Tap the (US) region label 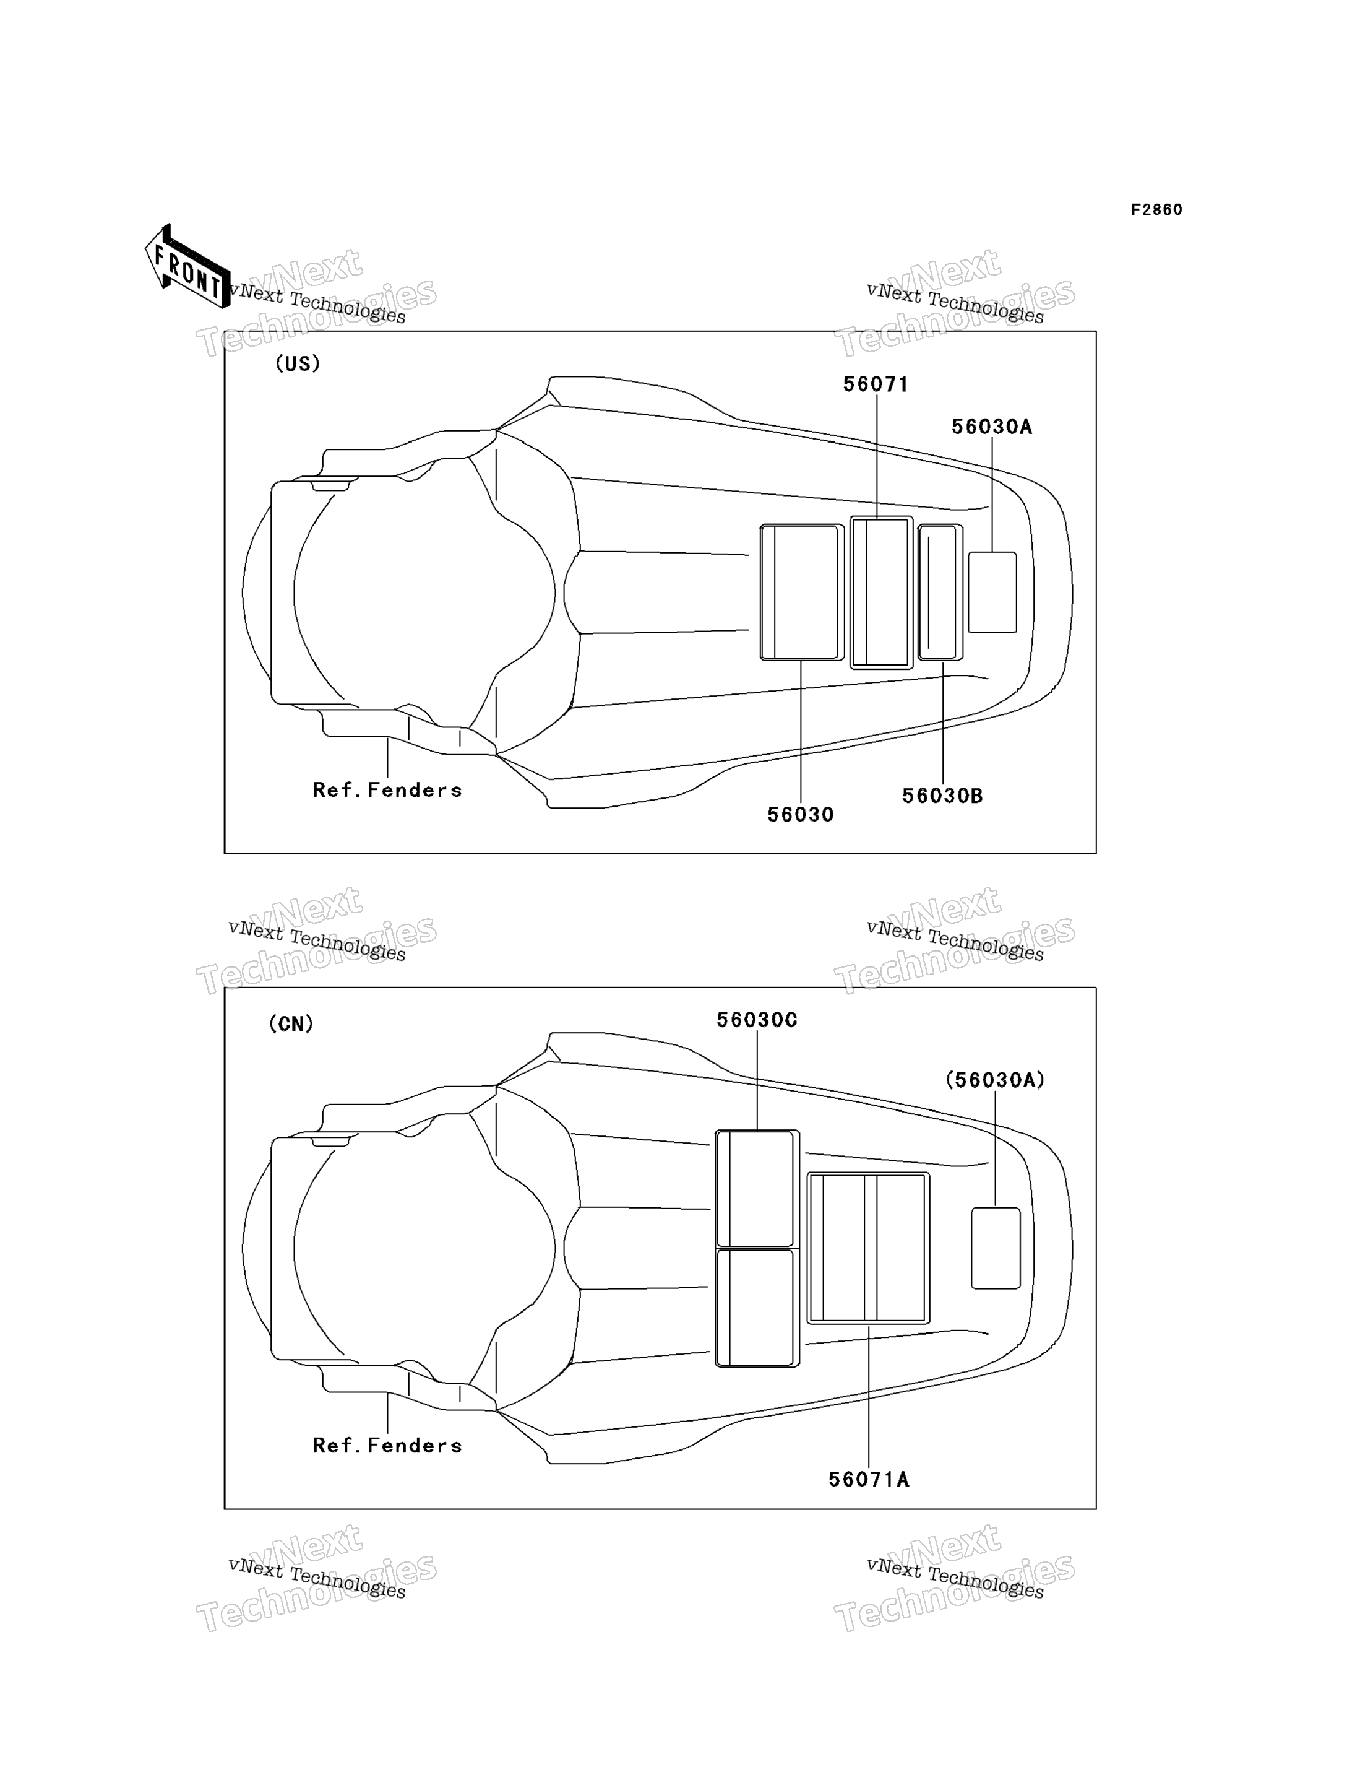pyautogui.click(x=298, y=363)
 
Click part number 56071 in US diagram pyautogui.click(x=876, y=384)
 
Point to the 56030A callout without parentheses pyautogui.click(x=992, y=427)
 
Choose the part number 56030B pyautogui.click(x=942, y=796)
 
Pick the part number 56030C pyautogui.click(x=757, y=1020)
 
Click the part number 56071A pyautogui.click(x=869, y=1480)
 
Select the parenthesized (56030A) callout pyautogui.click(x=995, y=1080)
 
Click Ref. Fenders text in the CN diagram pyautogui.click(x=387, y=1446)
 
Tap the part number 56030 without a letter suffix pyautogui.click(x=801, y=815)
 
